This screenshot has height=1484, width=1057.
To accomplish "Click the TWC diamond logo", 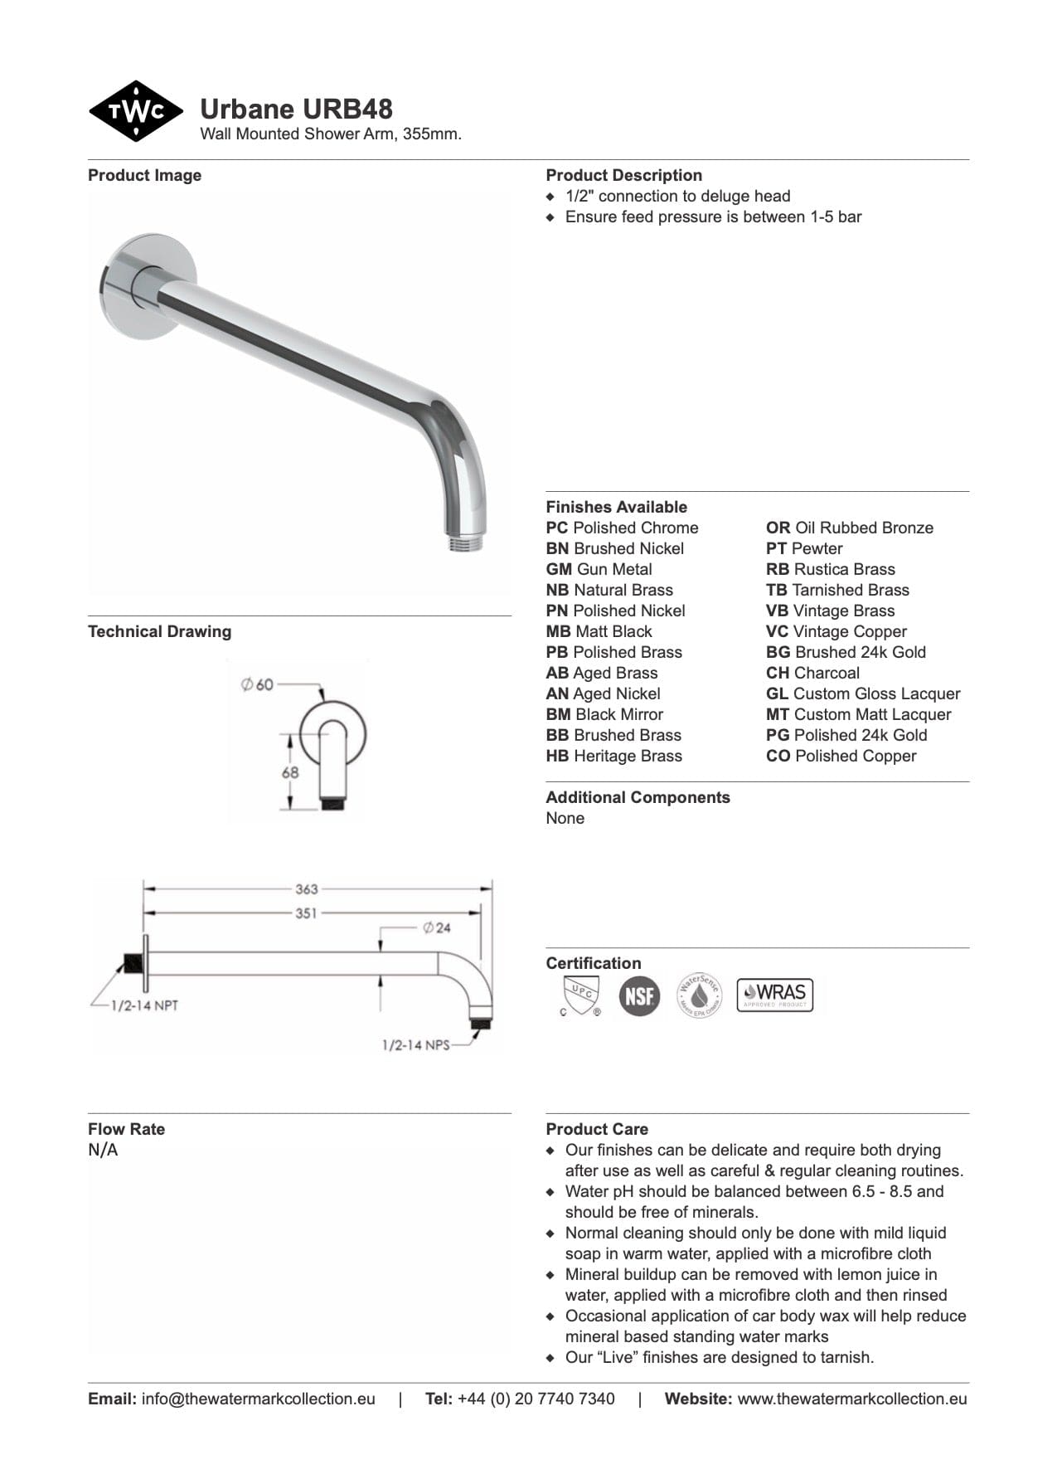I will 136,111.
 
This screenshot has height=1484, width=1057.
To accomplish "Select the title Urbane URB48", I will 296,109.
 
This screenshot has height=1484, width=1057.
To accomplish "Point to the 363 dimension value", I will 306,889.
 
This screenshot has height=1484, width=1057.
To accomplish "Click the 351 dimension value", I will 306,913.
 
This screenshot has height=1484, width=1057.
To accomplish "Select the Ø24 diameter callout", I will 436,927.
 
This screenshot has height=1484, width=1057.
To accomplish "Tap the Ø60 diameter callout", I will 257,684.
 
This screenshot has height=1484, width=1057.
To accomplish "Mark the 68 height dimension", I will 289,771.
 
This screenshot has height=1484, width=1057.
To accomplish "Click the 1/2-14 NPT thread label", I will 144,1005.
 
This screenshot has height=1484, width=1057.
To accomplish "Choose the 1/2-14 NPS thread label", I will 415,1045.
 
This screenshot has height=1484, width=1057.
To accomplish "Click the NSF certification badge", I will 639,995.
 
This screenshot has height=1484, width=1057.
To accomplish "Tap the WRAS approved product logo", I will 774,994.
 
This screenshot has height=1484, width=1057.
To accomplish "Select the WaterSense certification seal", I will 699,995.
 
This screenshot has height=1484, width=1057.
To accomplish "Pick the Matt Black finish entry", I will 599,631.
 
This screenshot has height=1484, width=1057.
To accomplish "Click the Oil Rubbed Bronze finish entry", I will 849,528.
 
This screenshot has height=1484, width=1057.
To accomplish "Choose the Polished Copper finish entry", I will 841,756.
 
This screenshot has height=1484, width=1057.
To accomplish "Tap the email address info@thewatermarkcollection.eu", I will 258,1399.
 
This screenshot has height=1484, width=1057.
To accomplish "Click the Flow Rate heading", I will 126,1129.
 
